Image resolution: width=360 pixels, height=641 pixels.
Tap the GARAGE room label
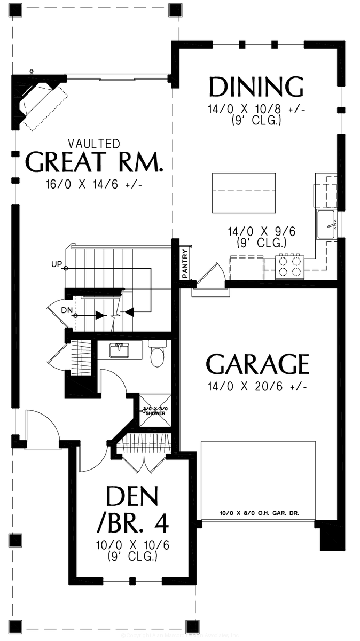coord(257,365)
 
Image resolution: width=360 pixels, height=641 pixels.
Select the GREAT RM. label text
coord(94,162)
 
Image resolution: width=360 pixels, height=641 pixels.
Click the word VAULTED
coord(94,143)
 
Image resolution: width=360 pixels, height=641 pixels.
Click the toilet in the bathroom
coord(158,355)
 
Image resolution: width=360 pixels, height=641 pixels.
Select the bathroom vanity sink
coord(119,350)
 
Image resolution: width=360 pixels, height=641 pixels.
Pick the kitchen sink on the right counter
coord(326,224)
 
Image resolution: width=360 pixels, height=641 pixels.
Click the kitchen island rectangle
coord(244,192)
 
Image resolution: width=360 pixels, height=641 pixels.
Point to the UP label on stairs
coord(57,264)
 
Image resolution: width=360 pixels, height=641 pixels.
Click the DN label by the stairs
coord(66,310)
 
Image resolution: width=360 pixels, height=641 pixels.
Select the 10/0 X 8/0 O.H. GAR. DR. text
coord(259,513)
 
